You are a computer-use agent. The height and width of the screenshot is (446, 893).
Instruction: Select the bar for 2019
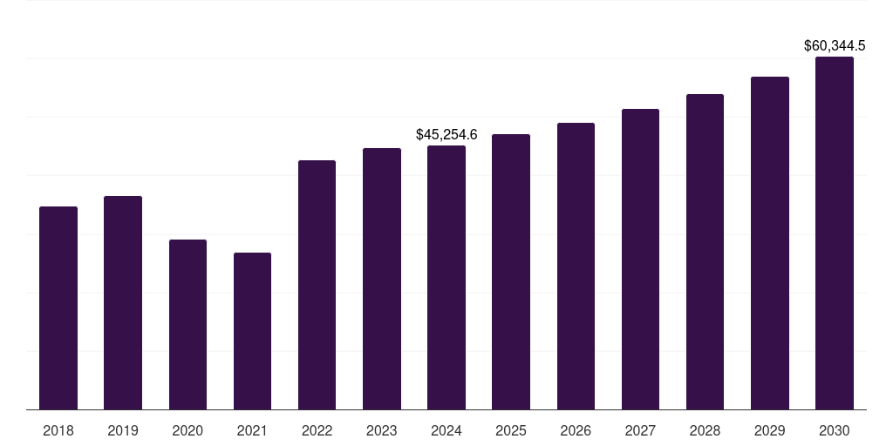click(x=123, y=302)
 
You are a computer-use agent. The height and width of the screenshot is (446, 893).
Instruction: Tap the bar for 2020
click(x=187, y=324)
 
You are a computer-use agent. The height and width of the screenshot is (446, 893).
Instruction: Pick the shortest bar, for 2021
click(x=252, y=331)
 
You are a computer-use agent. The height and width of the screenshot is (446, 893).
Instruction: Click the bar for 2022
click(x=317, y=285)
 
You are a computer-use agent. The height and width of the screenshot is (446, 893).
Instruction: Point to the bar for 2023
click(x=382, y=279)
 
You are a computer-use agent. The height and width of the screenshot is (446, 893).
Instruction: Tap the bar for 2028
click(x=705, y=252)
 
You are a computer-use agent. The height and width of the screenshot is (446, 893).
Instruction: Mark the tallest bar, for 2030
click(x=835, y=233)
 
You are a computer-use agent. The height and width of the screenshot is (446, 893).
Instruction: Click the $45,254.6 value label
click(x=446, y=135)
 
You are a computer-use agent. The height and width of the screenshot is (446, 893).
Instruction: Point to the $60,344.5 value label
click(x=835, y=45)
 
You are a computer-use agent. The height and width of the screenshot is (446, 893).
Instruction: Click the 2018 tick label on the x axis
click(x=58, y=430)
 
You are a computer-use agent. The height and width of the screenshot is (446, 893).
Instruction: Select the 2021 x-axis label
click(x=252, y=430)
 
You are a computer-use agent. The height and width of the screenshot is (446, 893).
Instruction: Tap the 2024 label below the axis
click(x=446, y=430)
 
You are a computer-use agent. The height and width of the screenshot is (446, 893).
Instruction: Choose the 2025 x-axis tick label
click(x=511, y=430)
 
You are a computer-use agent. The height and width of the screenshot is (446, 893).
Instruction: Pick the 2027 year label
click(x=640, y=430)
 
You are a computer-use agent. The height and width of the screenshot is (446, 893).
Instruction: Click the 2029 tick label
click(x=770, y=430)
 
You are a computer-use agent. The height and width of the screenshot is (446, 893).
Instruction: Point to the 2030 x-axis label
click(x=835, y=430)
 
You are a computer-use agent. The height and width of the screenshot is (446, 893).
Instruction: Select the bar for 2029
click(x=770, y=243)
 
